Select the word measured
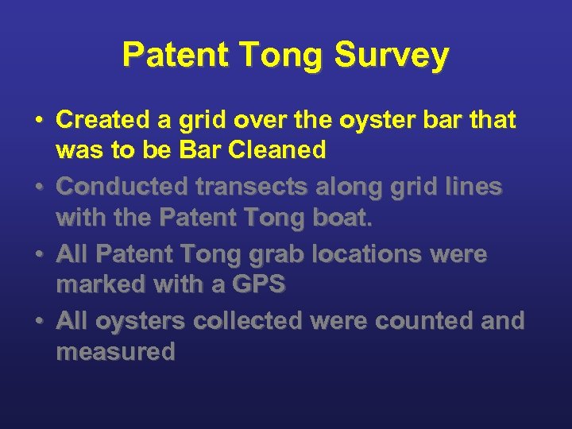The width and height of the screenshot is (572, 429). click(115, 351)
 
